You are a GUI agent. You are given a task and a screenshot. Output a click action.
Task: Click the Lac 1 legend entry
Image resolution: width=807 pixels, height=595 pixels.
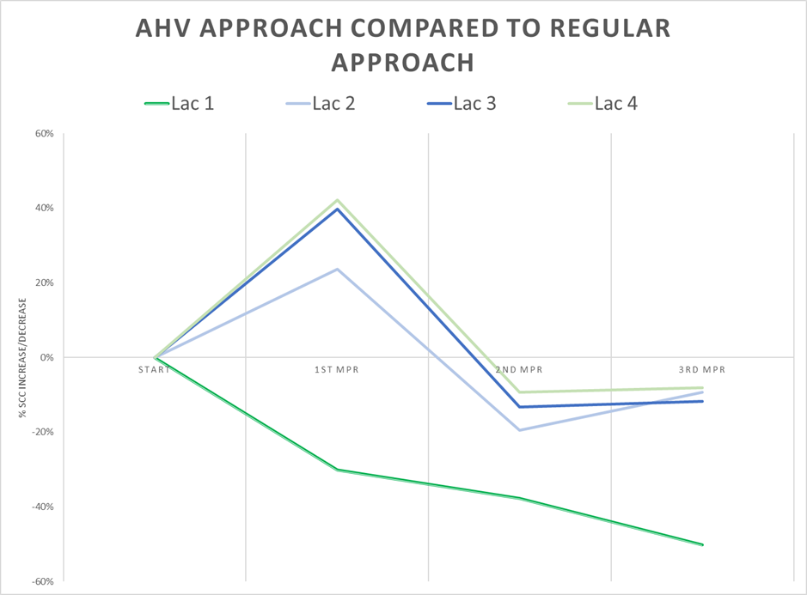point(180,104)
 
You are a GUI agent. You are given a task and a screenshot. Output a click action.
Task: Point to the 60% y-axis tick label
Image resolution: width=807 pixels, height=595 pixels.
point(44,134)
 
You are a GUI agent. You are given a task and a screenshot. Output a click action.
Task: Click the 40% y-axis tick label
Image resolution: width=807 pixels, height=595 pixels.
point(44,208)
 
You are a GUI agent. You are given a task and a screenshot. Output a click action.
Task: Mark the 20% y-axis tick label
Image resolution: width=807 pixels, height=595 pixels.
point(44,282)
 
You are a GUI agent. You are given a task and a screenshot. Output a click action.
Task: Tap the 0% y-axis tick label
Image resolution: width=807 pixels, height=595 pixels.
point(46,357)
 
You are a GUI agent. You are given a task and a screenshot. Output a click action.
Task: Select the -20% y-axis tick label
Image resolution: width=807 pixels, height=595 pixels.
point(42,432)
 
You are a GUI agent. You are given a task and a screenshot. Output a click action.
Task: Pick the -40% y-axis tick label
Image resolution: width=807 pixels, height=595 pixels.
point(42,507)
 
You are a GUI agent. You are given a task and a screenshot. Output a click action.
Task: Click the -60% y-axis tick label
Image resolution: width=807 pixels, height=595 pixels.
point(42,581)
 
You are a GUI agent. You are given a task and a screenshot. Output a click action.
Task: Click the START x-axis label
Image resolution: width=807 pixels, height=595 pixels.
point(154,370)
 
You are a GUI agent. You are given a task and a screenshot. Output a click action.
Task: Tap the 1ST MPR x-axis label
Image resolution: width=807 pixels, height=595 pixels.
point(337,370)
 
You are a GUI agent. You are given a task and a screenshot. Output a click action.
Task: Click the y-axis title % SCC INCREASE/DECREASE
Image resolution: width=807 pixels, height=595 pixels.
point(26,357)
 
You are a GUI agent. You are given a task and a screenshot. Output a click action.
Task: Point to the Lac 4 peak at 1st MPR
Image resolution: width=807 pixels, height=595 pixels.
point(338,200)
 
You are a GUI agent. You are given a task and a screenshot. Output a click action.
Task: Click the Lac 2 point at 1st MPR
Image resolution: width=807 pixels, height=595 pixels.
point(338,270)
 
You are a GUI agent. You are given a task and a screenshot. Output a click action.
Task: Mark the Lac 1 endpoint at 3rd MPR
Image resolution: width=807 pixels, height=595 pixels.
point(702,544)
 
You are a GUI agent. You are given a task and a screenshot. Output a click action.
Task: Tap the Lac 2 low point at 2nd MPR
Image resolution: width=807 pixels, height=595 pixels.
point(520,429)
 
